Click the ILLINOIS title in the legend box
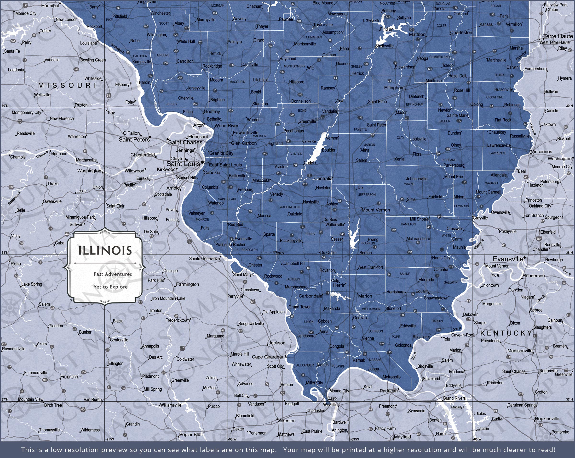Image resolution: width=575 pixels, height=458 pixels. tap(105, 250)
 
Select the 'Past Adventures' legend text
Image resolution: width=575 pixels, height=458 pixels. tap(113, 274)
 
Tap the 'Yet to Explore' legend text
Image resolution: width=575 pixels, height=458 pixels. tap(110, 287)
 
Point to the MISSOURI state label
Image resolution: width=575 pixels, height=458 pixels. tap(67, 85)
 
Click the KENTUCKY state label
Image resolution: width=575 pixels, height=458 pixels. tap(506, 333)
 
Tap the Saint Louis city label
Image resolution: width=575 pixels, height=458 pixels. tap(183, 164)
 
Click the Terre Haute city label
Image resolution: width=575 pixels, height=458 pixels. tap(558, 36)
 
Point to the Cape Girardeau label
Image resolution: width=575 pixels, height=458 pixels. tap(268, 357)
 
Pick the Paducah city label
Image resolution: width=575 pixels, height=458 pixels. tap(389, 391)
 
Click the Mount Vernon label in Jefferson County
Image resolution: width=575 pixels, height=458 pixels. tap(376, 210)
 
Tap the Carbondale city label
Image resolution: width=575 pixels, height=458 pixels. tap(310, 296)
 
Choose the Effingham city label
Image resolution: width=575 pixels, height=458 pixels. tap(394, 88)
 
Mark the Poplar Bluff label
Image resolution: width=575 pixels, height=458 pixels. tap(191, 434)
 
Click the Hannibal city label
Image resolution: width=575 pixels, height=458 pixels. tap(50, 6)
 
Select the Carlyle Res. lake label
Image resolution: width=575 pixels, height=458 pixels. tap(309, 141)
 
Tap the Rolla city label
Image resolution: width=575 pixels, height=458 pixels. tap(16, 264)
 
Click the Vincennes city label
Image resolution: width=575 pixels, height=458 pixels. tap(541, 152)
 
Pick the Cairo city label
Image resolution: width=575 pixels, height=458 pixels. tap(332, 398)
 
